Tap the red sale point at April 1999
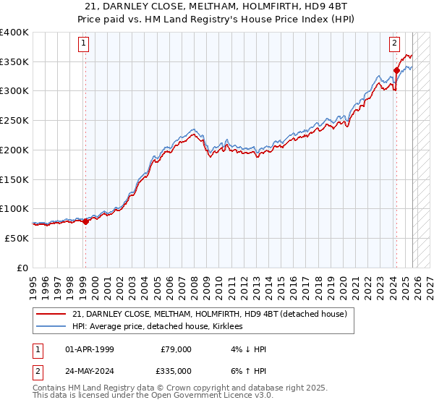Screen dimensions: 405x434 click(x=85, y=221)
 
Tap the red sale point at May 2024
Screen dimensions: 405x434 click(x=396, y=70)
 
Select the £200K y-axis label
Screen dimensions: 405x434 click(x=14, y=150)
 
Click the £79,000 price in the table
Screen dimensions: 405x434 click(x=176, y=349)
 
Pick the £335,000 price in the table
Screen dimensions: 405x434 click(x=176, y=370)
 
